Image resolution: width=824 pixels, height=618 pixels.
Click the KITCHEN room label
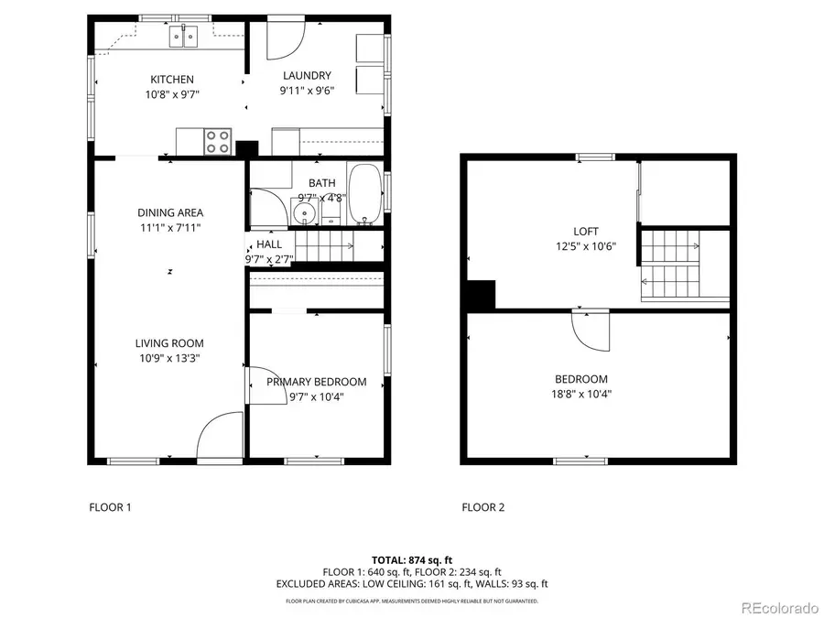pyautogui.click(x=171, y=80)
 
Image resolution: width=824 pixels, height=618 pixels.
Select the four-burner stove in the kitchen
pyautogui.click(x=218, y=142)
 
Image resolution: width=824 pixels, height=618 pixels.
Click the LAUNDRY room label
pyautogui.click(x=307, y=76)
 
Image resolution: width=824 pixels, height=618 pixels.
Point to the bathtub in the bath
pyautogui.click(x=366, y=194)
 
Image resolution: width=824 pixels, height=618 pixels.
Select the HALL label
pyautogui.click(x=269, y=244)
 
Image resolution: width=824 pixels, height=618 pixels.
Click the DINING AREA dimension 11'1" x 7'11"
pyautogui.click(x=169, y=228)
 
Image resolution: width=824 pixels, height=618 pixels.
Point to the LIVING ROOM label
pyautogui.click(x=169, y=343)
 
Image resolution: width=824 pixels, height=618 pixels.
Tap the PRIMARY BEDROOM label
pyautogui.click(x=316, y=382)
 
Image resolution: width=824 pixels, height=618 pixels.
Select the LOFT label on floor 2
pyautogui.click(x=586, y=232)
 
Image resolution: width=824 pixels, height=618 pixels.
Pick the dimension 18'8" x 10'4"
pyautogui.click(x=580, y=395)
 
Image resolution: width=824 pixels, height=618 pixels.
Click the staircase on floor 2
pyautogui.click(x=673, y=264)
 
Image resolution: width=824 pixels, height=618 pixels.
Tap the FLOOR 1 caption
pyautogui.click(x=110, y=507)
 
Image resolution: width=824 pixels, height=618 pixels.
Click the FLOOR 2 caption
pyautogui.click(x=482, y=507)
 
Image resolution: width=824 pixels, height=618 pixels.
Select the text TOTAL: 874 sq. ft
pyautogui.click(x=411, y=559)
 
